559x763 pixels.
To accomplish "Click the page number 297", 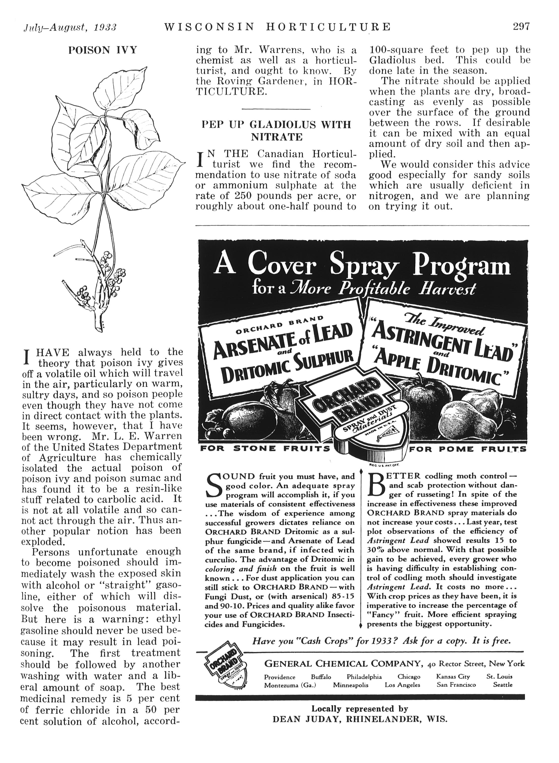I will pyautogui.click(x=521, y=26).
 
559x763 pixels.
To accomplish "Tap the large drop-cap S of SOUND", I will pyautogui.click(x=214, y=486).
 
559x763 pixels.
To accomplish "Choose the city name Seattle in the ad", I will pyautogui.click(x=503, y=685).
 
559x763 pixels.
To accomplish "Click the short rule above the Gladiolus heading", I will pyautogui.click(x=276, y=109).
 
